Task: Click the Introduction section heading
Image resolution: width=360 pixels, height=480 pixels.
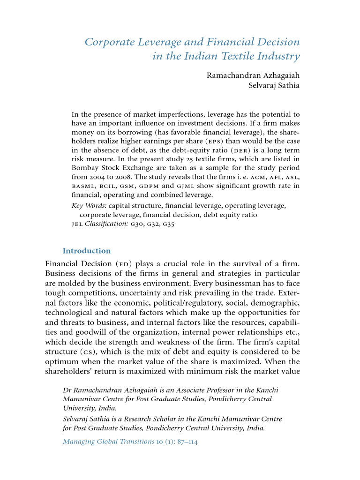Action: pyautogui.click(x=87, y=251)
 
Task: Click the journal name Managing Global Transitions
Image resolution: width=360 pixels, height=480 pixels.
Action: pyautogui.click(x=108, y=442)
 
